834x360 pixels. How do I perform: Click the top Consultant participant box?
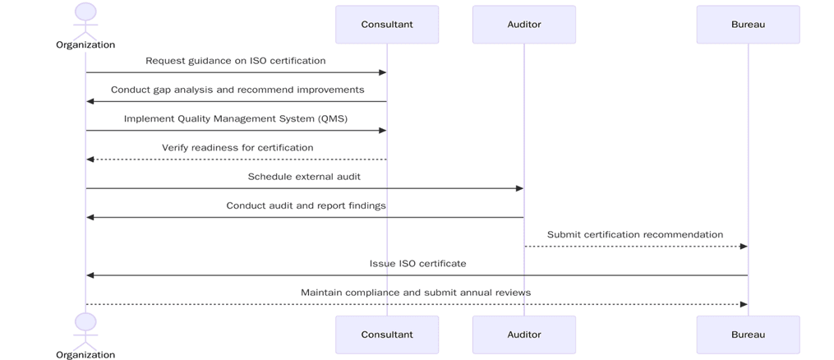coord(387,25)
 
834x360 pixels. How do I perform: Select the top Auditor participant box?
coord(524,25)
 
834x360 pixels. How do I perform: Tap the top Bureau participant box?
coord(748,25)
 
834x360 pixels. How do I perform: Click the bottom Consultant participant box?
coord(387,335)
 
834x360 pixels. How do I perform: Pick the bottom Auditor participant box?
coord(524,335)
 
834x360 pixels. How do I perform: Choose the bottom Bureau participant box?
coord(748,335)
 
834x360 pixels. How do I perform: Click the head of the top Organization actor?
coord(85,12)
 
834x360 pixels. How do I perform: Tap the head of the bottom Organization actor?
coord(85,321)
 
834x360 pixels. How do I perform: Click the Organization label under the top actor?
coord(85,45)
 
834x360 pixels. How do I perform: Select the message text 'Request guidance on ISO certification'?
coord(236,61)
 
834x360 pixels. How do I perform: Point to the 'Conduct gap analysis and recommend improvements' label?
coord(237,90)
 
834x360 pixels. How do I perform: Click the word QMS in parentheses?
coord(332,118)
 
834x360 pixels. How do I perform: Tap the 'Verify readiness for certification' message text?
coord(237,148)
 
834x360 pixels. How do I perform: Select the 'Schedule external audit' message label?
coord(304,177)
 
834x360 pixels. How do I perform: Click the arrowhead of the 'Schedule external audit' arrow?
coord(519,188)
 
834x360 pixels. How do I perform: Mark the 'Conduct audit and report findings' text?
coord(306,205)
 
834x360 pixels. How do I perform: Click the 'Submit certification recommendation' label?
coord(635,234)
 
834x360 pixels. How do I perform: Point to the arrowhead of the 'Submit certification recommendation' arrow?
coord(744,247)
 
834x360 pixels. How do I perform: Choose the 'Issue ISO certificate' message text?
coord(417,264)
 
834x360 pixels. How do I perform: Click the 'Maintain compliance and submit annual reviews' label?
coord(416,293)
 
